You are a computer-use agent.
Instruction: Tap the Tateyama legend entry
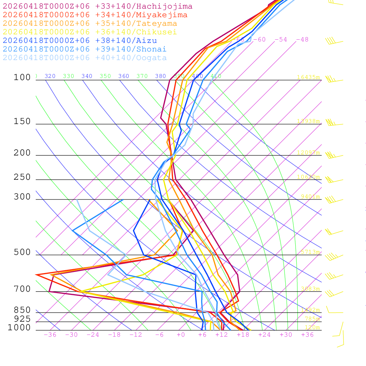pos(90,24)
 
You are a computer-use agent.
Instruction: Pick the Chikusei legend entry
pos(89,32)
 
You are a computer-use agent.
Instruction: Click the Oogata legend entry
pos(85,58)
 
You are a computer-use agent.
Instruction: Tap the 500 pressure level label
pos(22,252)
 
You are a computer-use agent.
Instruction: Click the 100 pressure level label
pos(22,77)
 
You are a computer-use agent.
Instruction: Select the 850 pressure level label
pos(22,310)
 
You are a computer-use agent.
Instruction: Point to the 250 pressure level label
pos(22,177)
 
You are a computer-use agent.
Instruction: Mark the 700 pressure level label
pos(22,289)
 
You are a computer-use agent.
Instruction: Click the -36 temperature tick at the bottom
pos(50,335)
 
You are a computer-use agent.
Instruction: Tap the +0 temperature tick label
pos(181,335)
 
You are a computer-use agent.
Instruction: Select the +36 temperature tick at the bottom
pos(307,335)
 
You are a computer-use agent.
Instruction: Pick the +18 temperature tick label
pos(243,335)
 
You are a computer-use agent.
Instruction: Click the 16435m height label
pos(308,77)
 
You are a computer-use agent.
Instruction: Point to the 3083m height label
pos(310,289)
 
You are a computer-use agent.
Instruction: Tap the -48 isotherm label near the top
pos(302,39)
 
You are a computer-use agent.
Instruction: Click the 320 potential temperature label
pos(50,76)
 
